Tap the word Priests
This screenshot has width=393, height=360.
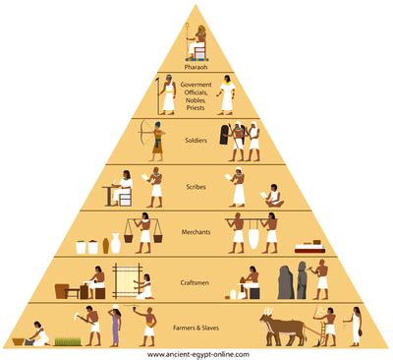[x=197, y=107]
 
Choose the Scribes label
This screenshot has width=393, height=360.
[x=197, y=186]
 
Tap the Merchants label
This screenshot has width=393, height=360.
[x=197, y=232]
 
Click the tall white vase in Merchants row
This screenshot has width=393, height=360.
[x=116, y=242]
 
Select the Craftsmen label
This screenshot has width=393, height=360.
[x=197, y=278]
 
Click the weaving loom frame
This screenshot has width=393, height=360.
[x=127, y=281]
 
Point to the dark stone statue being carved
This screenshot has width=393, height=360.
[x=285, y=283]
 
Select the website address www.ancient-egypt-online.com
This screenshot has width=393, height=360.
[x=197, y=353]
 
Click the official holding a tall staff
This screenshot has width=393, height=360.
[x=167, y=94]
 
